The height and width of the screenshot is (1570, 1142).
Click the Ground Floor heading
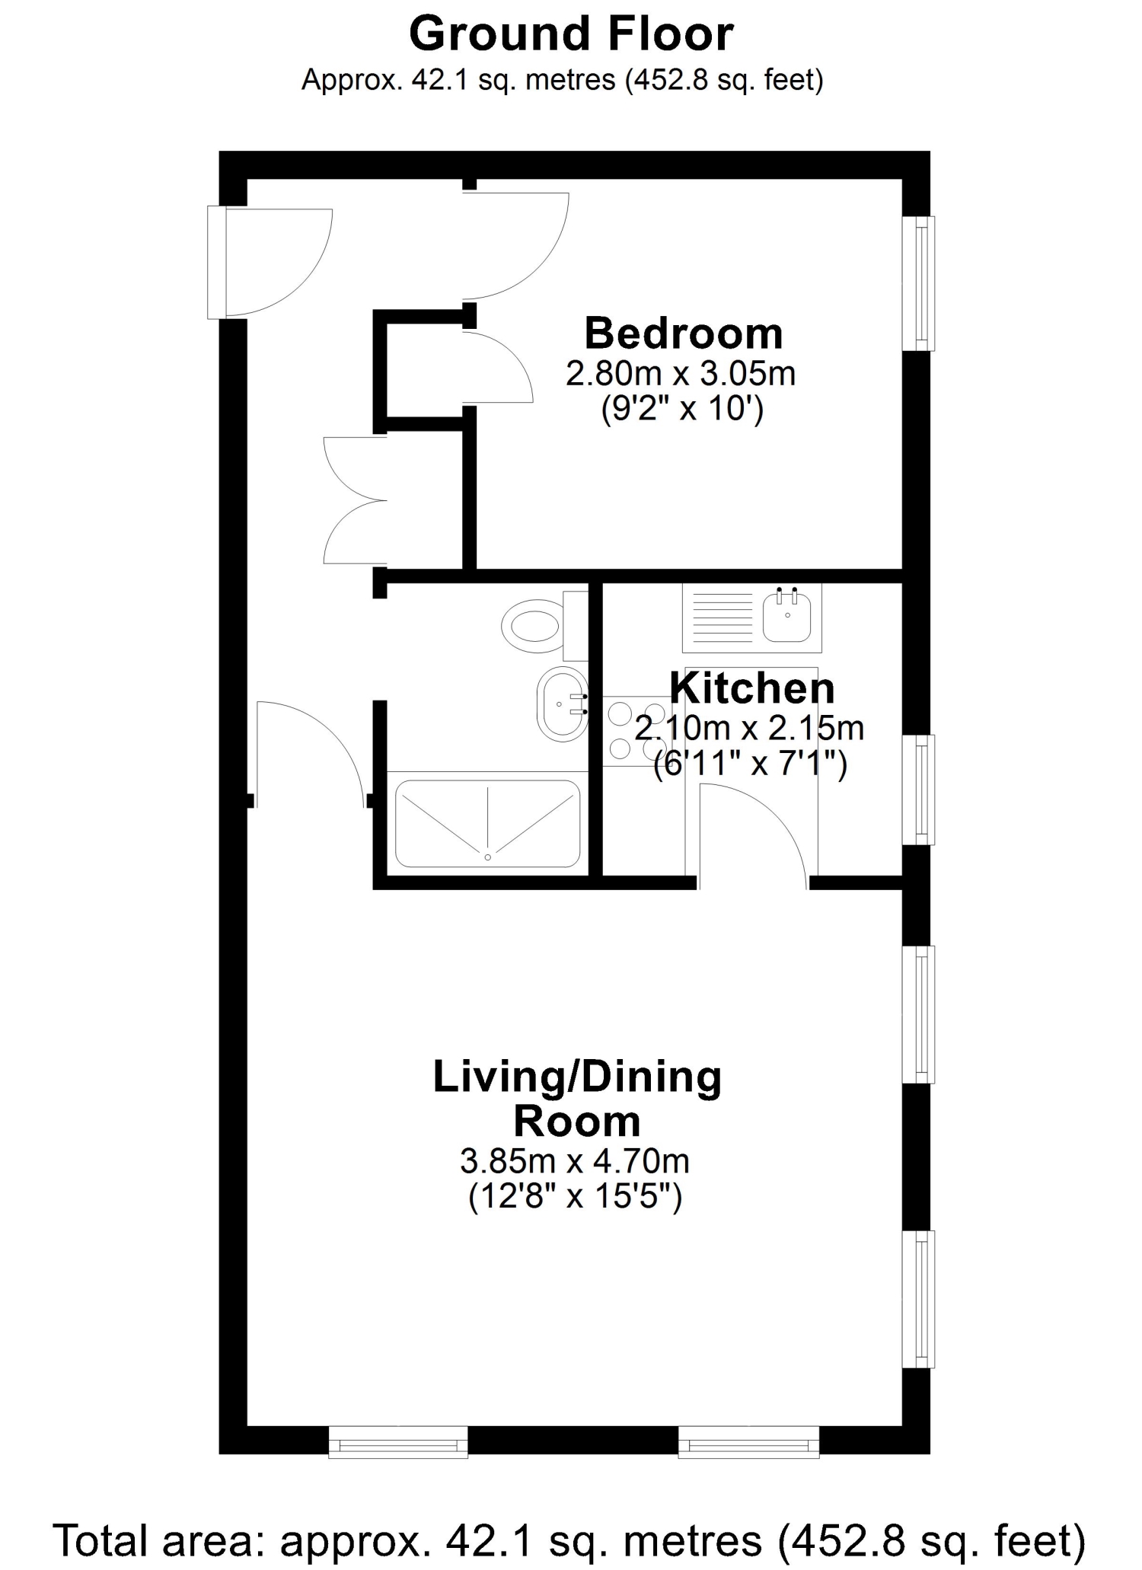tap(571, 34)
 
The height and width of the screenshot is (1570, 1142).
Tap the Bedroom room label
tap(683, 333)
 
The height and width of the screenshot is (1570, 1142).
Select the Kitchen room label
tap(752, 688)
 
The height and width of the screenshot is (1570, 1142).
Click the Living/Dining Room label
tap(577, 1099)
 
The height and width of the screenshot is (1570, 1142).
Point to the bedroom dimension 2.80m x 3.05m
tap(681, 374)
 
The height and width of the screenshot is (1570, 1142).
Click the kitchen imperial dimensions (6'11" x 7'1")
tap(751, 763)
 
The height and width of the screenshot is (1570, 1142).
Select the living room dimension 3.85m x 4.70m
tap(575, 1161)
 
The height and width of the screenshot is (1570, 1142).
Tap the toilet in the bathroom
tap(544, 626)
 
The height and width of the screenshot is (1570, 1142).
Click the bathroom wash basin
tap(563, 705)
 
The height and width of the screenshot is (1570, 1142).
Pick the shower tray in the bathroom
tap(487, 824)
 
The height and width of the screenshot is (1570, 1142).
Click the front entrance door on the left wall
tap(270, 263)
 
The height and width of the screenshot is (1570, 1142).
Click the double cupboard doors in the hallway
tap(355, 500)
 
